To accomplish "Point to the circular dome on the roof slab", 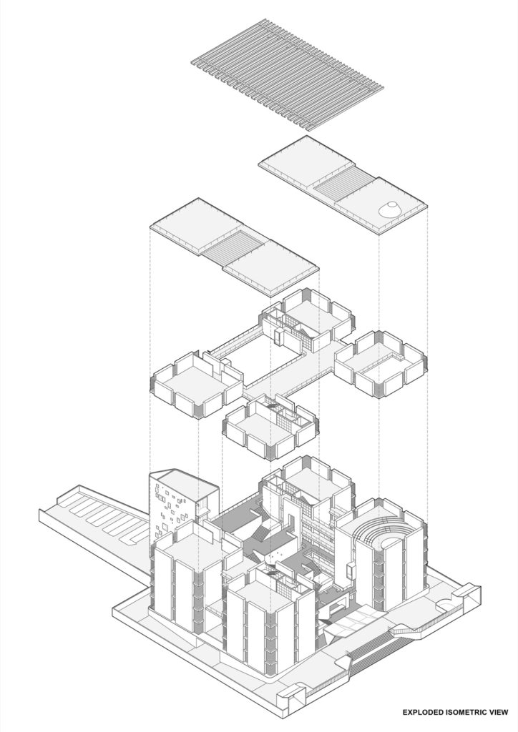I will (389, 209).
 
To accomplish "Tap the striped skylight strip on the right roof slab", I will (343, 188).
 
